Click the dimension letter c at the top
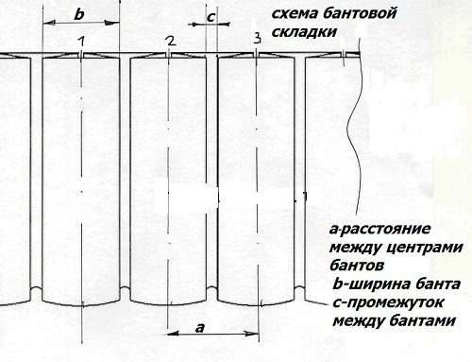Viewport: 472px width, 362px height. coord(211,17)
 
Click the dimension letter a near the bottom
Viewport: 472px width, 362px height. coord(199,326)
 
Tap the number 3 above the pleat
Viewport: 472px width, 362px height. coord(257,38)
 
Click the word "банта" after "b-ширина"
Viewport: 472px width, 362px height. coord(438,285)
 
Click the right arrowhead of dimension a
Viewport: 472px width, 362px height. coord(253,333)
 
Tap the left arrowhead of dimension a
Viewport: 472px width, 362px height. coord(172,333)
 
